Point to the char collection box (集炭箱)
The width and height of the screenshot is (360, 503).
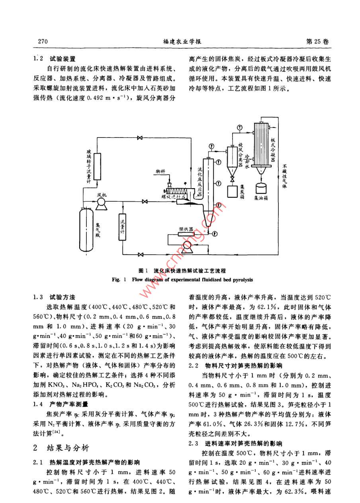(232, 190)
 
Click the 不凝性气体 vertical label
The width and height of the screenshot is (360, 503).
(285, 175)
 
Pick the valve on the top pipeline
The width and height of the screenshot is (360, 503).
(139, 138)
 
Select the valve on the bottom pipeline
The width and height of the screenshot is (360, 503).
(140, 254)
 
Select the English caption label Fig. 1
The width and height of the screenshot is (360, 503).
(119, 279)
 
